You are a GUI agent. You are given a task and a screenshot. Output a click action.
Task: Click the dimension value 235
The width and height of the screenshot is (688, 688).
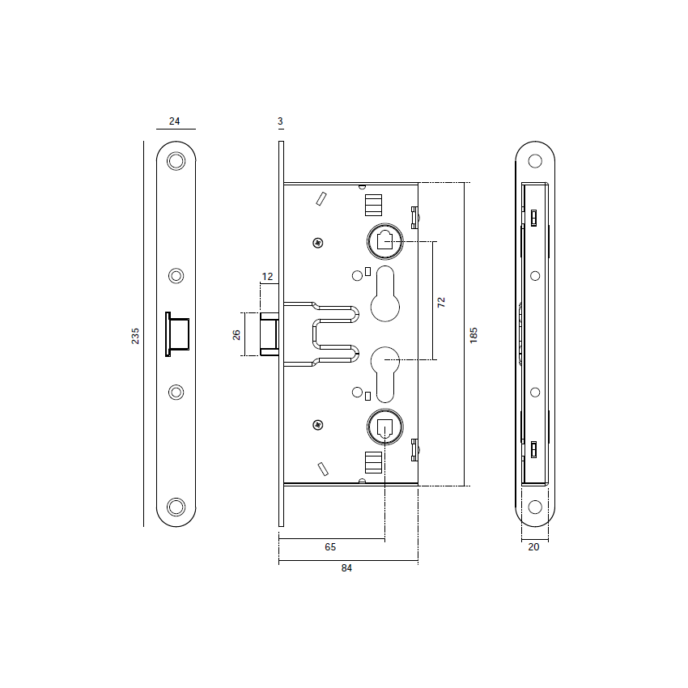pyautogui.click(x=136, y=335)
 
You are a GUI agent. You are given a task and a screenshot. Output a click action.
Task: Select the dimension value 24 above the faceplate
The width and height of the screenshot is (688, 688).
pyautogui.click(x=175, y=121)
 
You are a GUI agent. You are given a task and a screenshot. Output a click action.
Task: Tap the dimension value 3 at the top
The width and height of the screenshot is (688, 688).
pyautogui.click(x=280, y=121)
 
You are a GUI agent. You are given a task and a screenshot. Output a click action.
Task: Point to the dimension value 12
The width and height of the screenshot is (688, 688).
pyautogui.click(x=267, y=277)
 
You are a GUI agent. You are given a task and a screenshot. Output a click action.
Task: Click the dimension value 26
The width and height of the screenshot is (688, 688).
pyautogui.click(x=237, y=333)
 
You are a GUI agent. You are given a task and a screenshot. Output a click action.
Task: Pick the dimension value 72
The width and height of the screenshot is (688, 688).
pyautogui.click(x=441, y=302)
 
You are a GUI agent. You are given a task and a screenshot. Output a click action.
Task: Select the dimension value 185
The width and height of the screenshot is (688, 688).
pyautogui.click(x=474, y=333)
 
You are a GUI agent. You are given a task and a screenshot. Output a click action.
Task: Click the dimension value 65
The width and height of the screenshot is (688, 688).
pyautogui.click(x=330, y=547)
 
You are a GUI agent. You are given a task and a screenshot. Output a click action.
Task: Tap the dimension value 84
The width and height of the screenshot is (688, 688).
pyautogui.click(x=346, y=568)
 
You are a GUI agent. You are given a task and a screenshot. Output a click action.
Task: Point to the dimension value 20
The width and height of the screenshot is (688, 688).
pyautogui.click(x=533, y=547)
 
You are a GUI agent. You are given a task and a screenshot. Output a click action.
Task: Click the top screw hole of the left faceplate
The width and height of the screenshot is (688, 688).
pyautogui.click(x=176, y=161)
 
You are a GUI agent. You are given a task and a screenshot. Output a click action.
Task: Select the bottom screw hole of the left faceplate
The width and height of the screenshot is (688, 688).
pyautogui.click(x=176, y=507)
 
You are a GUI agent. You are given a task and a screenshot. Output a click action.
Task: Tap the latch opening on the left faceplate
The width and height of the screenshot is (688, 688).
pyautogui.click(x=177, y=333)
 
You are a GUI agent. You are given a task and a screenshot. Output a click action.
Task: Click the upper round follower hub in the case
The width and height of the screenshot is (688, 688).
pyautogui.click(x=384, y=240)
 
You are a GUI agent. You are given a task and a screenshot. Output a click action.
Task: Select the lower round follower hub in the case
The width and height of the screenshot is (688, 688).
pyautogui.click(x=384, y=425)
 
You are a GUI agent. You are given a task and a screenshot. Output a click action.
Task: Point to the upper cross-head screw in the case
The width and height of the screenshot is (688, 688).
pyautogui.click(x=319, y=242)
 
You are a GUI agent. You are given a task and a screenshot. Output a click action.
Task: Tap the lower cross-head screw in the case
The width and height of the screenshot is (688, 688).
pyautogui.click(x=319, y=424)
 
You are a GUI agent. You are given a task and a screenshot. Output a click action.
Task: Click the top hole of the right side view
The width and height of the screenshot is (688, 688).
pyautogui.click(x=534, y=161)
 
